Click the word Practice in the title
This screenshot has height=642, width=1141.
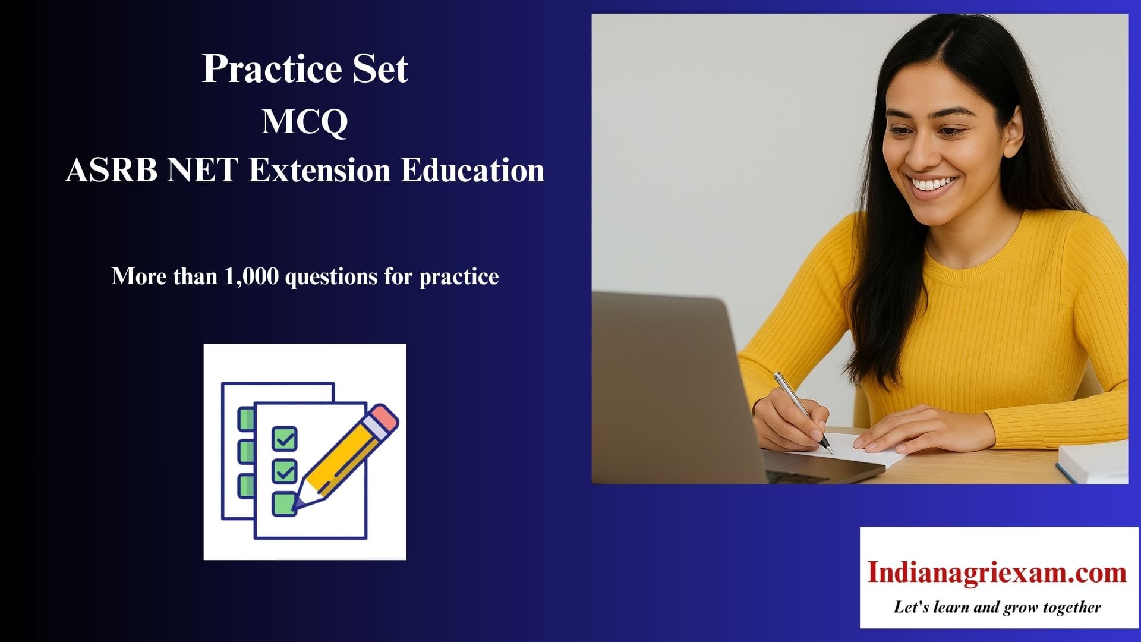272,69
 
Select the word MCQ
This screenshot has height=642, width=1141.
305,122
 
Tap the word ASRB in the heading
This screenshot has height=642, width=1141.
111,170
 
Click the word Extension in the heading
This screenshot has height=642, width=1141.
319,170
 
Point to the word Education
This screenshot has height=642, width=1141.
472,170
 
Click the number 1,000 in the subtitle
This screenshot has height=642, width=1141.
251,276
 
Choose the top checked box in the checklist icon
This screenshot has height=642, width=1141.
285,439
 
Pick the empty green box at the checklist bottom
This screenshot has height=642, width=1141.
283,503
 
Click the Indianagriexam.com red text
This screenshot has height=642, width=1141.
997,572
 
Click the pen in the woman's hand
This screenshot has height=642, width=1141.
803,412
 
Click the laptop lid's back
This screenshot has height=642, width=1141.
672,386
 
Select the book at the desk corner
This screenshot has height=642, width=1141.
1092,462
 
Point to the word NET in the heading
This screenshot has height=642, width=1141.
203,170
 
